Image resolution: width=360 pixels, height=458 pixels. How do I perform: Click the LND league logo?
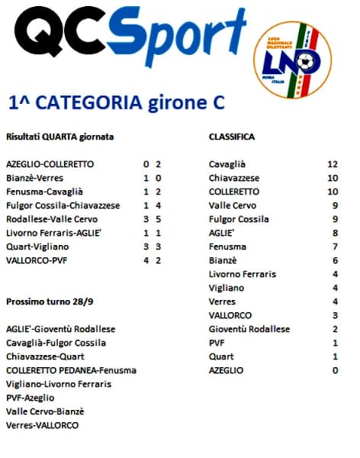299,60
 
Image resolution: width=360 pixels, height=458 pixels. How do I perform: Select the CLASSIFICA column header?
232,137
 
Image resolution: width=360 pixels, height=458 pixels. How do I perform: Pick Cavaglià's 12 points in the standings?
332,164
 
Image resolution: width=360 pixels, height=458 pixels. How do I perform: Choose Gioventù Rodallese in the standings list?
249,329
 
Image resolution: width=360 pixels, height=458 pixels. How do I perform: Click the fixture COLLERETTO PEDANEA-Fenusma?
71,370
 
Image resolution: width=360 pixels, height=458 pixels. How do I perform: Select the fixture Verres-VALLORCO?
42,425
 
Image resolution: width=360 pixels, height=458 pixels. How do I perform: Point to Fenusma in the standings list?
228,247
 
